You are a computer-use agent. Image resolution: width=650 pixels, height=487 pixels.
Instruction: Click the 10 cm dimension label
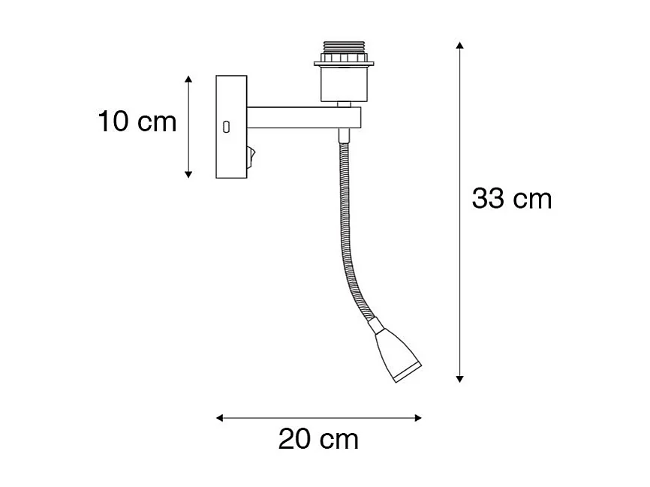click(x=137, y=122)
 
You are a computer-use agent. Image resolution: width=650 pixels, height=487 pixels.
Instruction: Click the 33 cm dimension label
click(x=511, y=199)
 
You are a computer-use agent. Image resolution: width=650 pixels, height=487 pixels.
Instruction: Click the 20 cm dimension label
click(x=318, y=439)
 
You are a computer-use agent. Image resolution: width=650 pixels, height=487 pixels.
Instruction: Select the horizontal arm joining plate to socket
click(x=300, y=116)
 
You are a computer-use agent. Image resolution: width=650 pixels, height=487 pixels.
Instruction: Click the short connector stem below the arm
click(x=344, y=135)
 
